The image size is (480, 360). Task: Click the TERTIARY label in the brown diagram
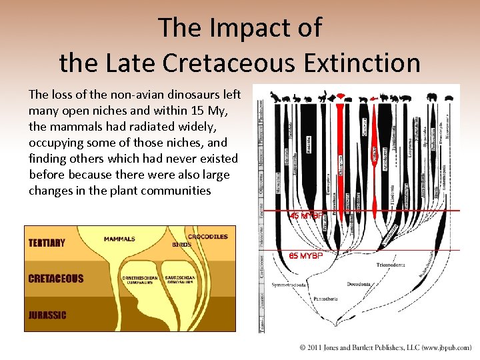coord(47,243)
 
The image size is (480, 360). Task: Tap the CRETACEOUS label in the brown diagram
coord(56,279)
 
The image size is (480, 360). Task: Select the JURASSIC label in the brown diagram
coord(47,315)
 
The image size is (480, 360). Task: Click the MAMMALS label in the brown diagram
coord(119,239)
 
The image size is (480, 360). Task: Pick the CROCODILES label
coord(207,236)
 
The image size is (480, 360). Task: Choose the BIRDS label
coord(181,245)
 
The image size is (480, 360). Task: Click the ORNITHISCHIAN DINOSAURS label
coord(140,279)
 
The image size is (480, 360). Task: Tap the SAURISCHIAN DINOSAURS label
coord(179,279)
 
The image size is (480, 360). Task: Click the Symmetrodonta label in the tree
coord(289,285)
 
